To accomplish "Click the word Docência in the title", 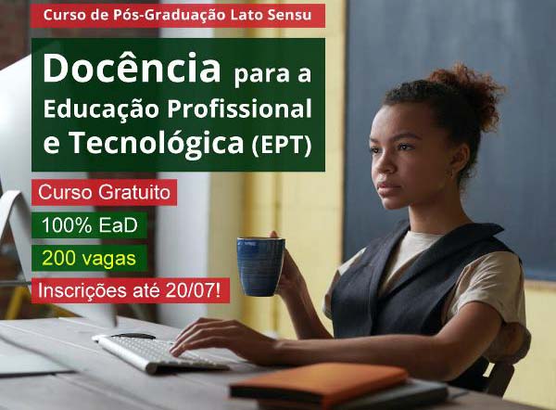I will pos(131,70).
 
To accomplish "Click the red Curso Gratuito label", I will pos(104,194).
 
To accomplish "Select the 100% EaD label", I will pos(88,225).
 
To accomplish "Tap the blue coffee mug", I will pos(260,265).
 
